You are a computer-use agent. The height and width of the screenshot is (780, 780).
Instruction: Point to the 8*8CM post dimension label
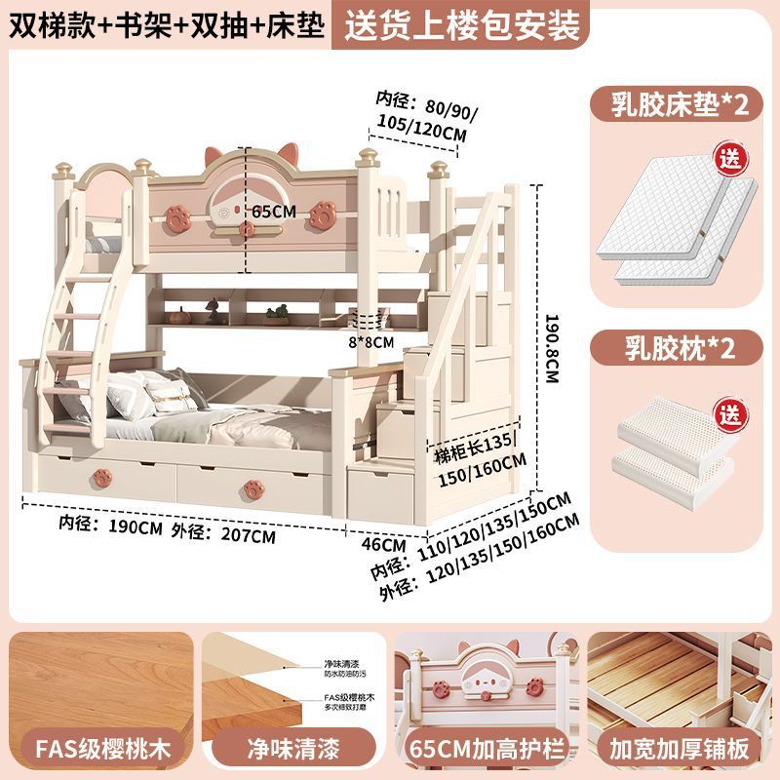point(373,342)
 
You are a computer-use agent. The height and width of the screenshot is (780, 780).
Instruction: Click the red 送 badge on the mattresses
point(729,155)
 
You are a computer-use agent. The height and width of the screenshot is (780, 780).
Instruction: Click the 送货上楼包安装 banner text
point(457,23)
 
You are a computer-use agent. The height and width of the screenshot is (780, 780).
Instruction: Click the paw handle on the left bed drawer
point(99,477)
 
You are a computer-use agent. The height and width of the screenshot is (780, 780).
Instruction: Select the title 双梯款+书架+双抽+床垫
point(165,23)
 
